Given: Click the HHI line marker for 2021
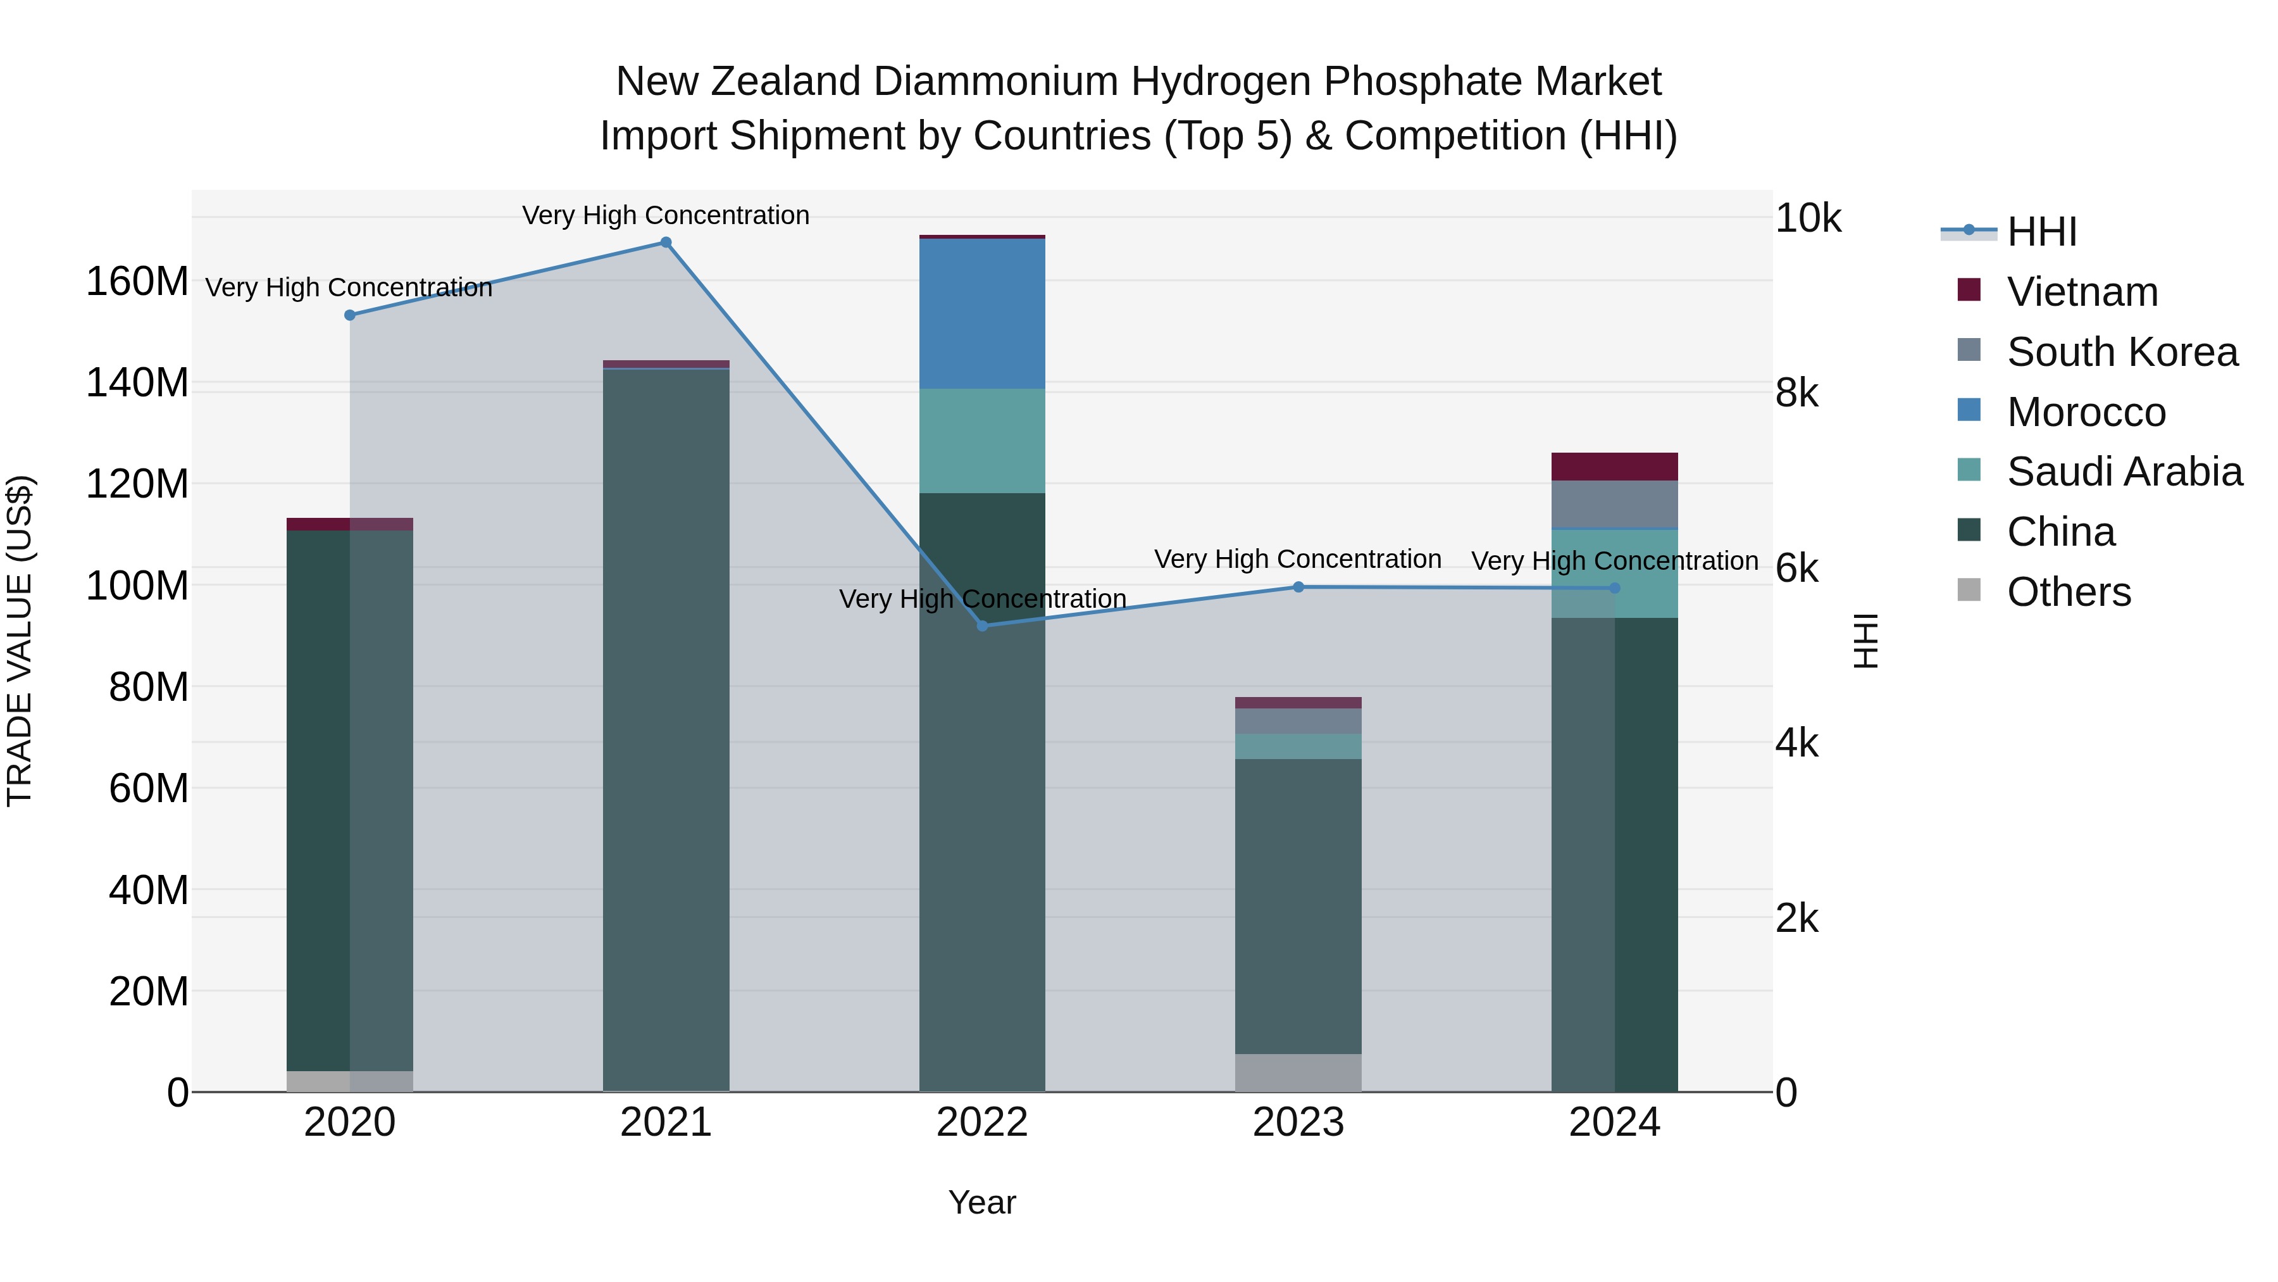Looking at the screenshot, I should (x=666, y=242).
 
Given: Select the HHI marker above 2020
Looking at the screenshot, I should (x=349, y=315).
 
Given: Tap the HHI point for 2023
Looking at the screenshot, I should (x=1298, y=587).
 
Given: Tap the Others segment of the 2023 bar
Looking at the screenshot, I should (x=1298, y=1072).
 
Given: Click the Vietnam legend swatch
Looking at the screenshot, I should (x=1969, y=290).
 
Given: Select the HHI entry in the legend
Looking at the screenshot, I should (x=2041, y=232).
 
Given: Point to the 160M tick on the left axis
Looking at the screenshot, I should (x=137, y=282).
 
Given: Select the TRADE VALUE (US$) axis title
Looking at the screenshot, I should (x=20, y=641).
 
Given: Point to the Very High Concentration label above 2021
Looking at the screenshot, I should (x=666, y=215).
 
